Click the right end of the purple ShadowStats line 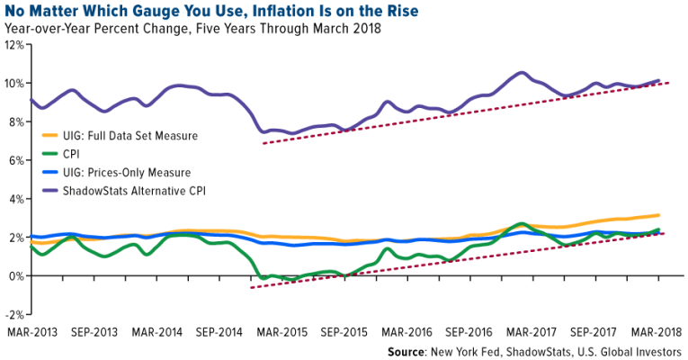pyautogui.click(x=659, y=80)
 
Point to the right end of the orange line pyautogui.click(x=659, y=215)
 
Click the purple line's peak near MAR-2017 pyautogui.click(x=522, y=72)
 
